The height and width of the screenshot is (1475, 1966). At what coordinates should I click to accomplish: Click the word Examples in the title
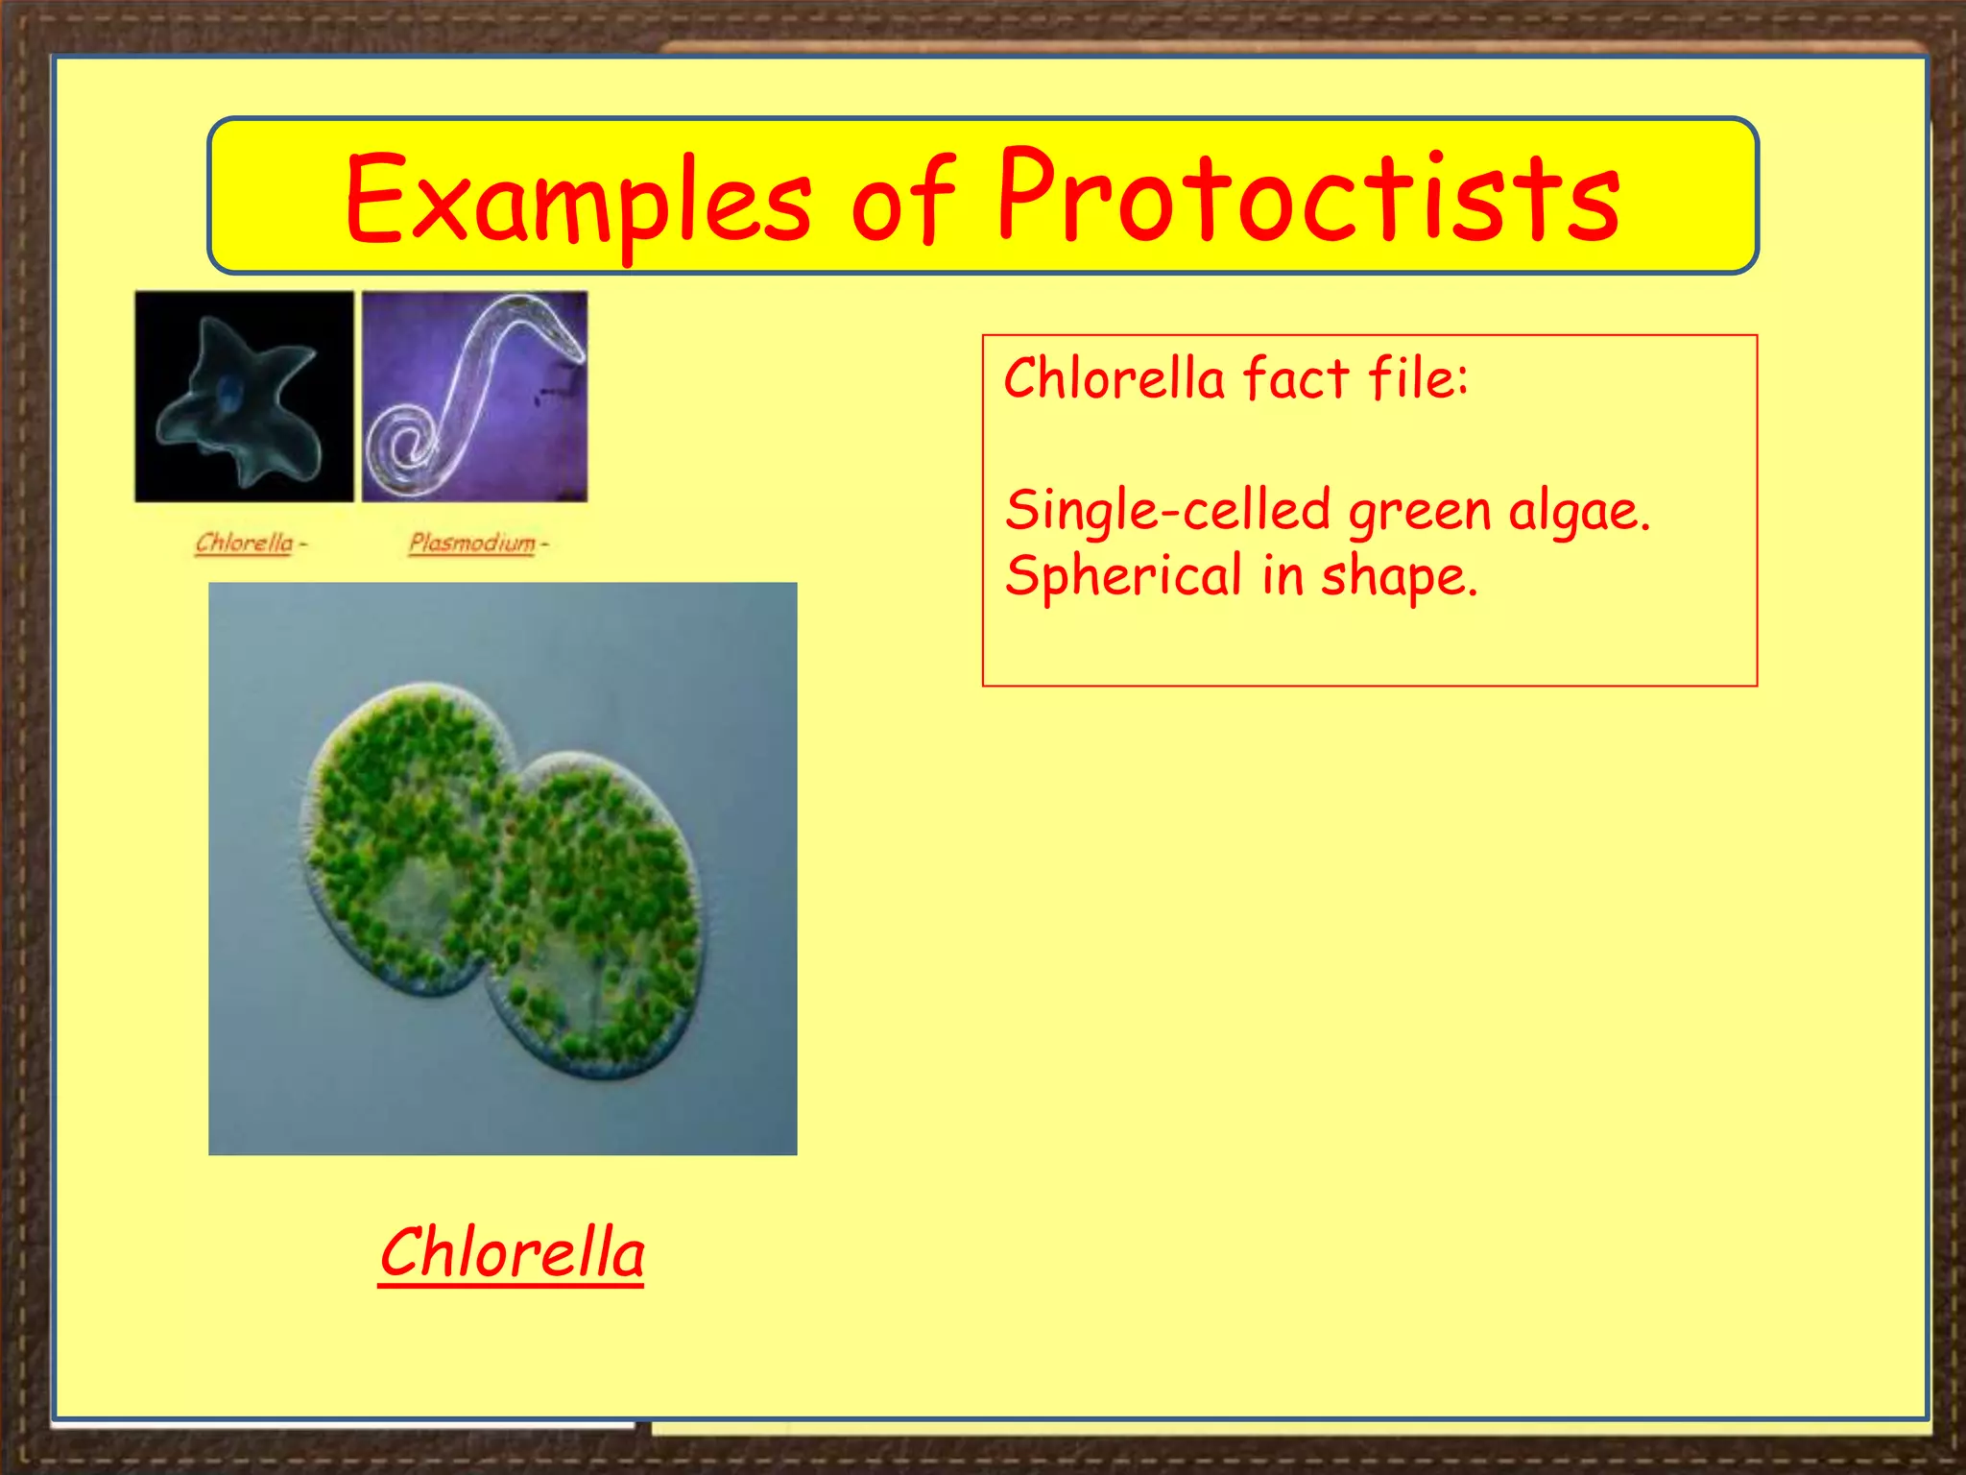point(577,199)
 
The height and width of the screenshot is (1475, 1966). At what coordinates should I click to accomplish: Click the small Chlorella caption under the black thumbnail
point(244,543)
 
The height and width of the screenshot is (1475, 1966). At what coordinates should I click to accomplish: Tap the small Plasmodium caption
point(471,543)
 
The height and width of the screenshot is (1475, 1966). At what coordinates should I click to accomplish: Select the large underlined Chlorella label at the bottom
point(512,1253)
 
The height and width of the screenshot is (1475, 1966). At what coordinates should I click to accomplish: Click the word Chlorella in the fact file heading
point(1115,377)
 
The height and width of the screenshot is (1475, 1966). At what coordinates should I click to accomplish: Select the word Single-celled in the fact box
point(1167,510)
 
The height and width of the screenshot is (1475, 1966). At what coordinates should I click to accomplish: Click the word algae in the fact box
point(1578,510)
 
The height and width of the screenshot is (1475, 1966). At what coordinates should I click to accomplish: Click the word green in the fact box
point(1419,512)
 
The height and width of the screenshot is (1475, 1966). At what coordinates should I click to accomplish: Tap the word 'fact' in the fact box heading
point(1296,377)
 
